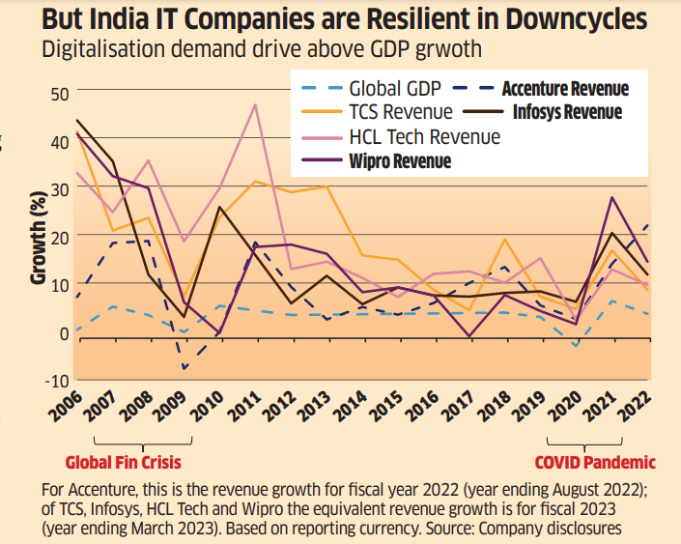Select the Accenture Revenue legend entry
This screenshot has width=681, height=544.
(x=565, y=89)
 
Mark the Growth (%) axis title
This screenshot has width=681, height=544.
(x=37, y=236)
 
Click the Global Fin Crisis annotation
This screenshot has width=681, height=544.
(x=123, y=462)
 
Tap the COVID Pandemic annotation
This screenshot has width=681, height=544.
(x=595, y=462)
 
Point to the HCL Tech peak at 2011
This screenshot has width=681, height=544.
(x=255, y=104)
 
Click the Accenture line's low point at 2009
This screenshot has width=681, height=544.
(x=184, y=368)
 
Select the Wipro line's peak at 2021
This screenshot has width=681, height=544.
(x=612, y=197)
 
